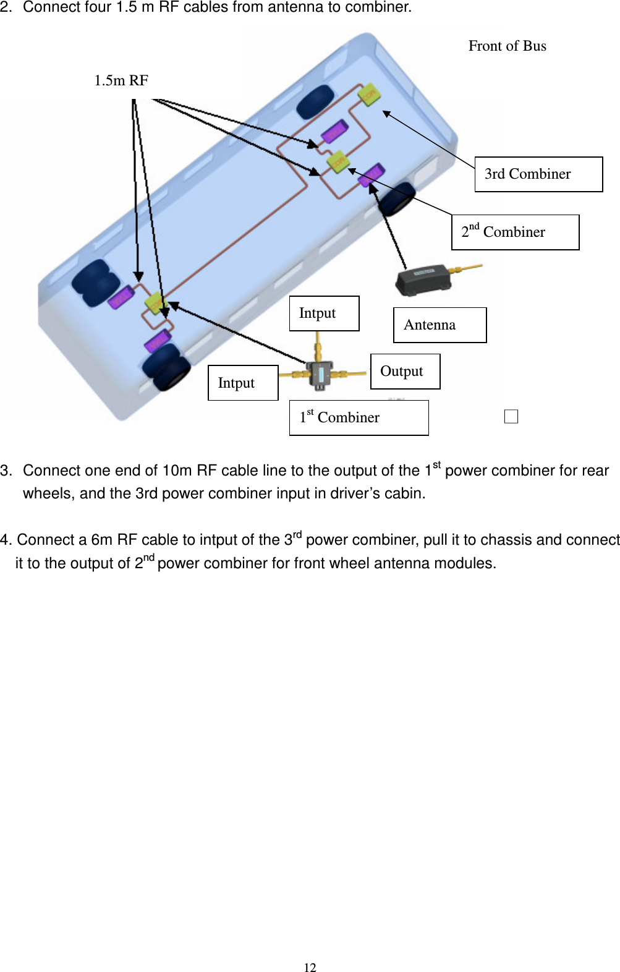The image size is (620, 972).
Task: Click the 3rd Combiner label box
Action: [538, 174]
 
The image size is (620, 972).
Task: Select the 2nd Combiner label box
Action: [515, 232]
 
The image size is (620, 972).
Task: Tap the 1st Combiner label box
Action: [359, 418]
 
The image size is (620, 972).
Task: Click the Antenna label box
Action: [440, 325]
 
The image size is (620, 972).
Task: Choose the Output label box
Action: [405, 372]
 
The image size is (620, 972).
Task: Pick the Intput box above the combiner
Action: [324, 313]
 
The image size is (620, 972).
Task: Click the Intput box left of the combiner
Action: [243, 383]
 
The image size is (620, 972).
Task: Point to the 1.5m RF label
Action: [121, 80]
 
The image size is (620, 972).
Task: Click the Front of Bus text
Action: [507, 46]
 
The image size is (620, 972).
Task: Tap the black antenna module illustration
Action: [423, 280]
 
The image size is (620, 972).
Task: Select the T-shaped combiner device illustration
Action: [320, 373]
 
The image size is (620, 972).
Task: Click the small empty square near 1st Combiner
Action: [511, 417]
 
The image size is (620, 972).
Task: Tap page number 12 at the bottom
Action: [310, 968]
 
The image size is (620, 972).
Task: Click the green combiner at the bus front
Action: [369, 94]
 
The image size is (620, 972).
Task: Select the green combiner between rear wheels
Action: [154, 303]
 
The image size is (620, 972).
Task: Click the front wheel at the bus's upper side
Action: [315, 102]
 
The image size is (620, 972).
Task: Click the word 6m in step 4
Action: [102, 540]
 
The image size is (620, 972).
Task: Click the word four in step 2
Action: [99, 8]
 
